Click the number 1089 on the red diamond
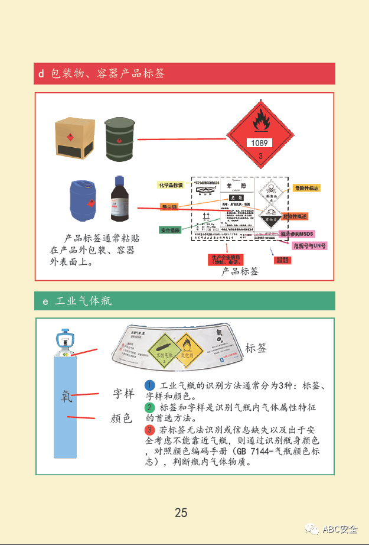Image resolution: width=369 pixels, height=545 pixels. [x=259, y=143]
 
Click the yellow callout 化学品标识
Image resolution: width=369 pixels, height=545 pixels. [x=172, y=186]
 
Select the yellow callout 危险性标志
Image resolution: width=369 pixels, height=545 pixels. [x=306, y=188]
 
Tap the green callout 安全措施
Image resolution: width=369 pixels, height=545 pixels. [x=170, y=229]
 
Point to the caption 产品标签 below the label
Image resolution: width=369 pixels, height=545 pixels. [x=240, y=271]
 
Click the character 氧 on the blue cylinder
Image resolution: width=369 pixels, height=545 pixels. [x=67, y=395]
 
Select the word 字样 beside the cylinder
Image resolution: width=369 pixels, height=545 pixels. [x=124, y=392]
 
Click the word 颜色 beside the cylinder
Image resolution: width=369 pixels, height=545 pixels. [x=121, y=418]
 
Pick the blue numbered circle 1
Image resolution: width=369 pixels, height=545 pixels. [x=150, y=385]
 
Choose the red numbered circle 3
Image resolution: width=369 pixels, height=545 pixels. [x=150, y=429]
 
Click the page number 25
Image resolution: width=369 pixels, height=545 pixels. [x=181, y=512]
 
